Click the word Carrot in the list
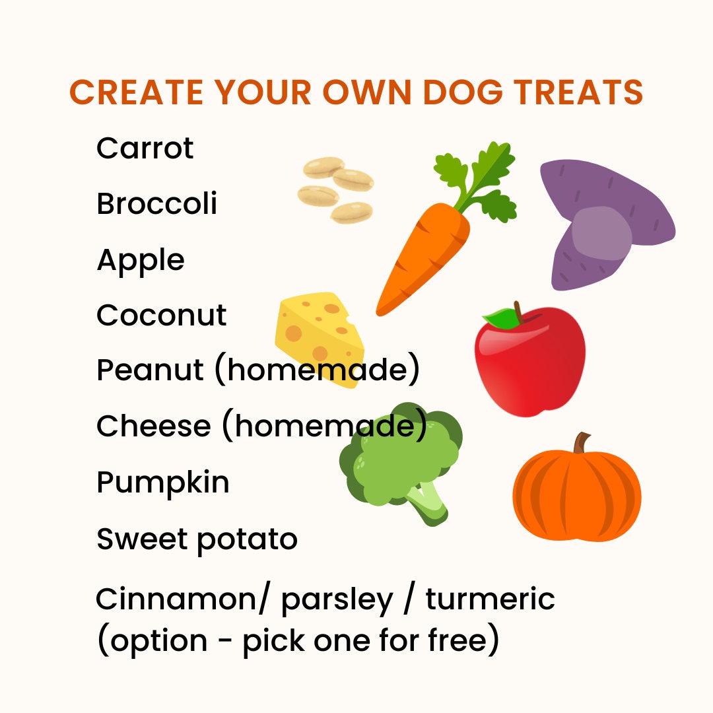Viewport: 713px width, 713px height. click(x=145, y=149)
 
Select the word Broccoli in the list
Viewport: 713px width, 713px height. click(x=156, y=204)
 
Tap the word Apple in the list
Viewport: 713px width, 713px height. click(x=140, y=260)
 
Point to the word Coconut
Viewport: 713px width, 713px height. click(x=161, y=316)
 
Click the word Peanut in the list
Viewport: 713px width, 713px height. click(x=150, y=370)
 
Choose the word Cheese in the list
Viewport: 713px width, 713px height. click(x=153, y=426)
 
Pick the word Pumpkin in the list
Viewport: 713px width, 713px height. click(x=162, y=483)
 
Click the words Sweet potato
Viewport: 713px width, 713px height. click(x=197, y=539)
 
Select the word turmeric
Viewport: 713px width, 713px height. click(x=490, y=599)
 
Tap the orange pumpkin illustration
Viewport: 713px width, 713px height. click(x=576, y=492)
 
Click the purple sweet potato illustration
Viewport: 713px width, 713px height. click(x=604, y=224)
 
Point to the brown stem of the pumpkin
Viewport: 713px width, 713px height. click(x=582, y=442)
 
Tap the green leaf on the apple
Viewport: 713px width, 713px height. click(x=503, y=319)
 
